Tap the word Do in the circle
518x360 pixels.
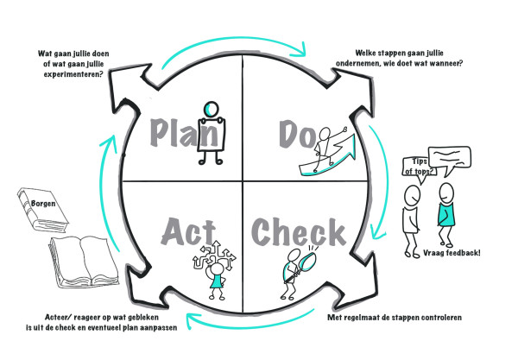[x=298, y=134]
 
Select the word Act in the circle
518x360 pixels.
[x=188, y=231]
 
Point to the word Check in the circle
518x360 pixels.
[x=299, y=232]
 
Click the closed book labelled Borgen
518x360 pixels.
[x=42, y=209]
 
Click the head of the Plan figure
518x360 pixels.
[x=211, y=108]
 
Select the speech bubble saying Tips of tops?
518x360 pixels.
[x=419, y=167]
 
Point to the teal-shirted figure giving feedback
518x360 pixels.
[x=446, y=215]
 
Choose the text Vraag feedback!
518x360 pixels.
[x=452, y=253]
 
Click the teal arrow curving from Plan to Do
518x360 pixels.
[x=231, y=39]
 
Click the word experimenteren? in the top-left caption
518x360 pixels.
[x=73, y=74]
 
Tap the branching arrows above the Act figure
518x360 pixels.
[x=215, y=255]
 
